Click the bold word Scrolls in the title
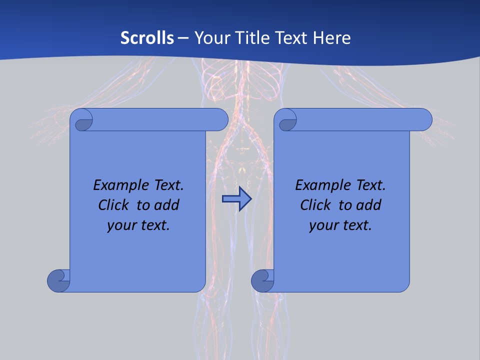pos(147,38)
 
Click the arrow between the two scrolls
pos(236,199)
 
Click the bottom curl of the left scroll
pos(58,280)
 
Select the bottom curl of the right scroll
pos(262,280)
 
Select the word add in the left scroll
pos(166,205)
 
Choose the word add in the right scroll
pos(368,205)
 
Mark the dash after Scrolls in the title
pos(183,38)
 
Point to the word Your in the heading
pos(210,38)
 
